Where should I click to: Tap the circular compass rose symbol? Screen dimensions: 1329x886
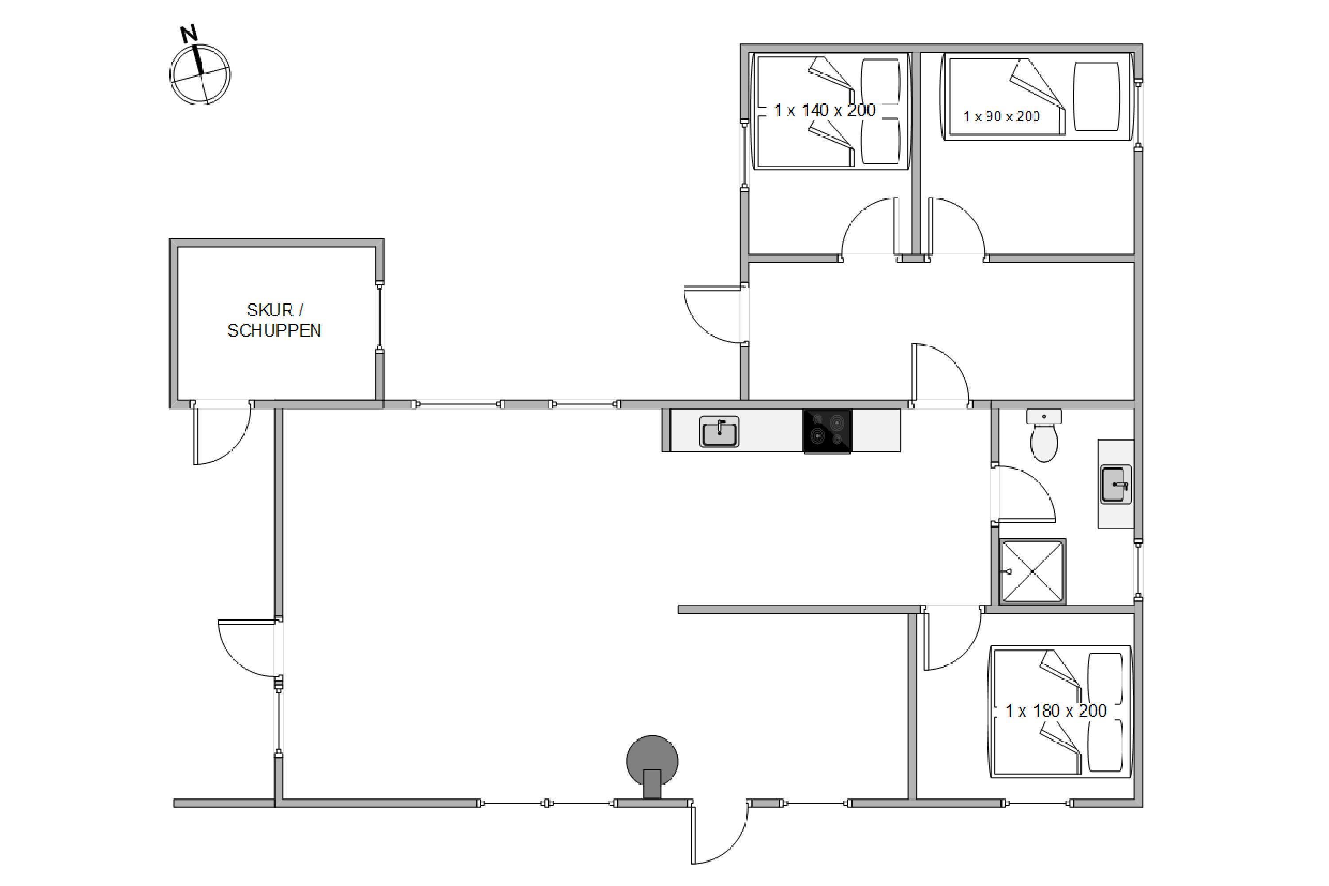coord(200,74)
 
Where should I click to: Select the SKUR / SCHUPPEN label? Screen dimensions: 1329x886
coord(275,320)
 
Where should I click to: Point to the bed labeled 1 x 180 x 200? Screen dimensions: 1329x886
coord(1060,711)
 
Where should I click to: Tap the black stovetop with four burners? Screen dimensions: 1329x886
coord(827,431)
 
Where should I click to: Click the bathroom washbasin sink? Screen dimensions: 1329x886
coord(1116,484)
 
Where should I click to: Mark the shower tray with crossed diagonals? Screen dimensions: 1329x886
coord(1032,571)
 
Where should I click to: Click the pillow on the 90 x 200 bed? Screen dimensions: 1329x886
coord(1096,97)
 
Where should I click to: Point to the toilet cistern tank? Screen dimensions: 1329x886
coord(1044,417)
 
